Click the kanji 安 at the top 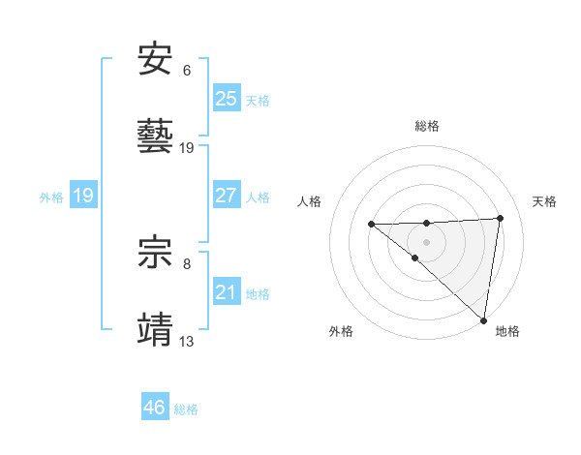156,60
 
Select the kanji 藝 156,137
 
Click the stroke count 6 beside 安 187,71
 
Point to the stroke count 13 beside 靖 187,341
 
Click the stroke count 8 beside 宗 187,263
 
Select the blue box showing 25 226,98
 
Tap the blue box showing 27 226,195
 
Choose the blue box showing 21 226,291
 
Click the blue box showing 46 154,407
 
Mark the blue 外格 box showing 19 82,196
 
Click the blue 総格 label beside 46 187,409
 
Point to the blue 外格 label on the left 51,197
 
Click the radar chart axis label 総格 427,126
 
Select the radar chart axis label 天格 545,201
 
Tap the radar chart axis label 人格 310,201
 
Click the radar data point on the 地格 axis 483,319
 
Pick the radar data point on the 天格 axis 501,218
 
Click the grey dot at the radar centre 427,241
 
